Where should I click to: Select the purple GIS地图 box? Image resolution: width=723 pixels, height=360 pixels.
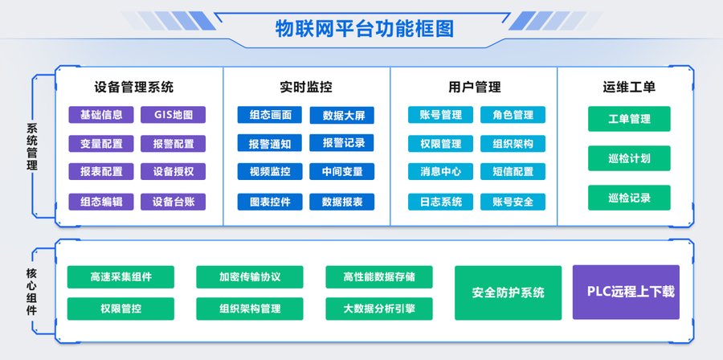[x=174, y=115]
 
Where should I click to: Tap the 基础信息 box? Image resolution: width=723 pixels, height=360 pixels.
[x=101, y=115]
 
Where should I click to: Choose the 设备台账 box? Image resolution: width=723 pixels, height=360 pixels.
[x=174, y=202]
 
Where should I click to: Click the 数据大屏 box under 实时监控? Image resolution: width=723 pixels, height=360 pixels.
[x=343, y=116]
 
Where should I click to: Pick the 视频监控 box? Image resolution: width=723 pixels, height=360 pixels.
[x=270, y=171]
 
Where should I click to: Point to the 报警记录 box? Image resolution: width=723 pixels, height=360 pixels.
[x=343, y=143]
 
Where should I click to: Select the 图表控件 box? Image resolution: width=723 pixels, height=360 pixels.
[x=270, y=202]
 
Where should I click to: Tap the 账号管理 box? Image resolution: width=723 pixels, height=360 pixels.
[x=440, y=115]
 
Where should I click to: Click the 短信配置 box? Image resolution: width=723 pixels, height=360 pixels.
[x=513, y=171]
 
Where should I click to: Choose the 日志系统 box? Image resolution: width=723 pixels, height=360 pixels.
[x=440, y=202]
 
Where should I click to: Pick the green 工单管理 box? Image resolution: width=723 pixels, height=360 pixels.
[x=629, y=119]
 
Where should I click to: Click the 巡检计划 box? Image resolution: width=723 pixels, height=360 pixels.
[x=629, y=158]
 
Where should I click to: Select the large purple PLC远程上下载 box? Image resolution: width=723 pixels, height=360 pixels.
[x=626, y=292]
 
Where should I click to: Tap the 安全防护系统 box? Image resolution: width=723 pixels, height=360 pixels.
[x=508, y=292]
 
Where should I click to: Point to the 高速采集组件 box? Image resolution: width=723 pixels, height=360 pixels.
[x=120, y=277]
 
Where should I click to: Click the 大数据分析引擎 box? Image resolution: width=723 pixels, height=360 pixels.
[x=379, y=309]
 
